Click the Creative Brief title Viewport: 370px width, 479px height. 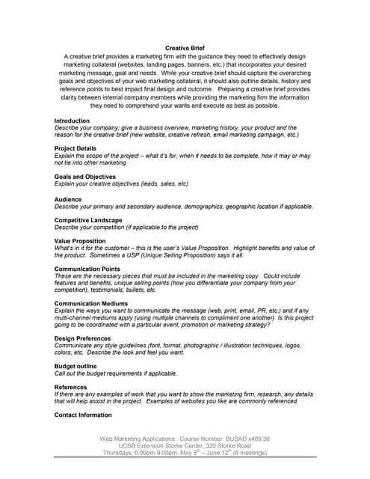point(185,48)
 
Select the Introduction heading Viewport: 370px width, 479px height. point(72,120)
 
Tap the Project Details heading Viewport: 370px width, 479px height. point(76,148)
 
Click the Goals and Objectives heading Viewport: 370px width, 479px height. point(84,176)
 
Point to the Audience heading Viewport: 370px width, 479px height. point(69,199)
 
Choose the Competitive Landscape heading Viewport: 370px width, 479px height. point(88,220)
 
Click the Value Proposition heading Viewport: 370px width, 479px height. point(80,241)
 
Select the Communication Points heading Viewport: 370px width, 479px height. point(87,269)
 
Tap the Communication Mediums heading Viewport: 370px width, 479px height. point(90,304)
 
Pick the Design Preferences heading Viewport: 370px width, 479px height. point(84,338)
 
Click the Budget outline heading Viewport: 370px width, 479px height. point(75,366)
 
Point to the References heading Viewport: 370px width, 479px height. point(71,387)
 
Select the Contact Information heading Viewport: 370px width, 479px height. point(83,415)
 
